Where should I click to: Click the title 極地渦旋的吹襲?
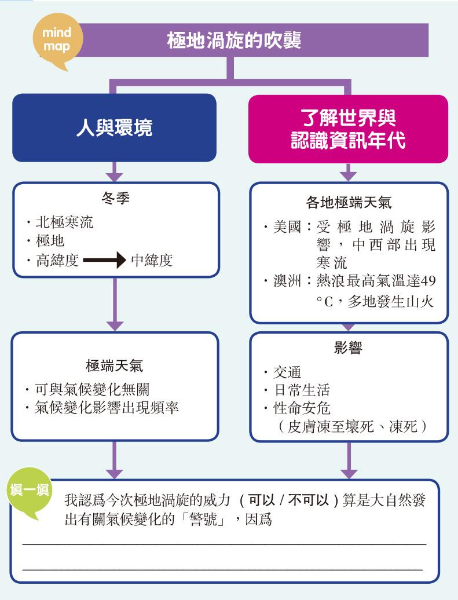coord(234,40)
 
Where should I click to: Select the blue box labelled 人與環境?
coord(115,127)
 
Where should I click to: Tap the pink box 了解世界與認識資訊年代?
coord(348,129)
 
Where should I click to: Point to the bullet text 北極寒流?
coord(65,222)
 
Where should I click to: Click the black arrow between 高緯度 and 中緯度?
coord(104,260)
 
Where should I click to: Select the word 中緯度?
coord(152,260)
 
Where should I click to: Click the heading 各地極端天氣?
coord(349,203)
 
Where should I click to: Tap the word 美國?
coord(287,227)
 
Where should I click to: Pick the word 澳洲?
coord(287,281)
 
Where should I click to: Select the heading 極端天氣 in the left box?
coord(115,366)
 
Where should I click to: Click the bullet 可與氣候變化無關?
coord(92,389)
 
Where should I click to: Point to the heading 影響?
coord(348,348)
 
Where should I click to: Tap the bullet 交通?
coord(287,372)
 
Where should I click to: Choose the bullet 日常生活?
coord(302,390)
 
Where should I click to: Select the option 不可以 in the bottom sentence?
coord(309,500)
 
